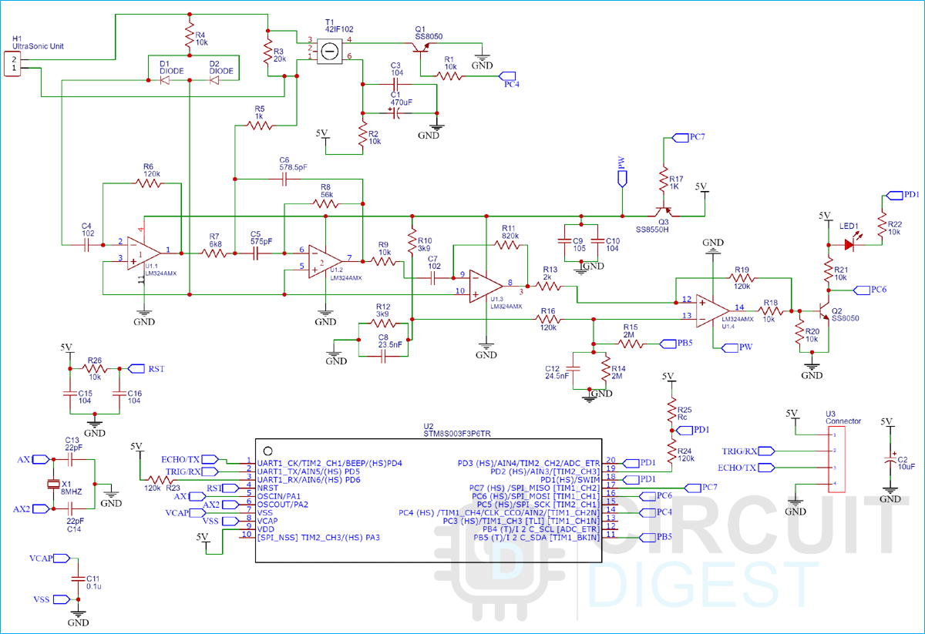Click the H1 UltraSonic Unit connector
12,64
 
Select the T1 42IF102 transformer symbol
329,51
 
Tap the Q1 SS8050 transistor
420,48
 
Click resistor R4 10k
188,35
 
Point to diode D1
165,79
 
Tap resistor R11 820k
510,245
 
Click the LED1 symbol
850,245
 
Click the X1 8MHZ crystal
52,484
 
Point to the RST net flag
136,368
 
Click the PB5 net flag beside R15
665,343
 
